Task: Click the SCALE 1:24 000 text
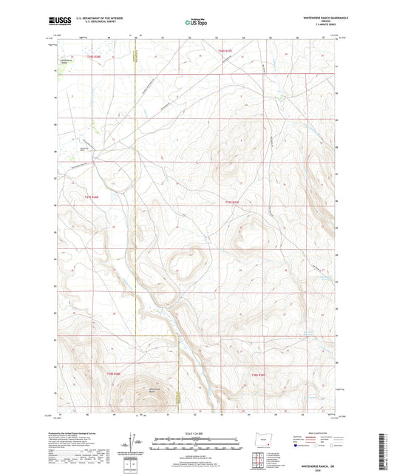coord(197,432)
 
